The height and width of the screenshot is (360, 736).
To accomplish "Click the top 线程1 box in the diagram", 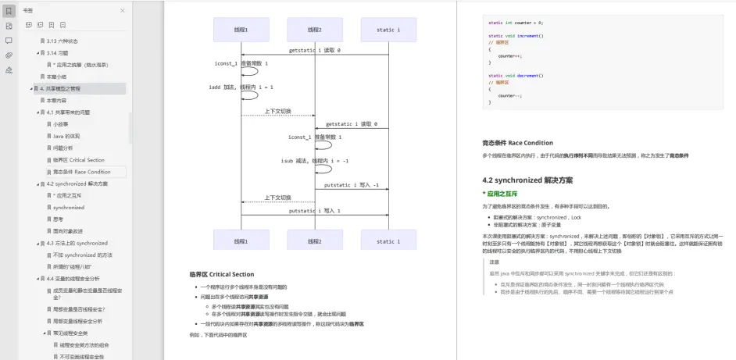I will [x=241, y=30].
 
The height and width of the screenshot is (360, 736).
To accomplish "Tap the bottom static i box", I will [x=388, y=241].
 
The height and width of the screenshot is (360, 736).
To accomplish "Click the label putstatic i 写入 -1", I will [x=352, y=185].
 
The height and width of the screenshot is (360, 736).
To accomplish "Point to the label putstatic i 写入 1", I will [x=314, y=211].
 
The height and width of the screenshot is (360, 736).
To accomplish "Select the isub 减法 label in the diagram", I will [x=314, y=160].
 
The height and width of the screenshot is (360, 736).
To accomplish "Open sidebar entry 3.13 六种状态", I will [x=62, y=41].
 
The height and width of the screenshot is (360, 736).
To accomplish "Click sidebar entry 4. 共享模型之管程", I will [x=73, y=88].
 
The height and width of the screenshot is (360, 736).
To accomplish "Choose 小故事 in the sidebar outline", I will [x=61, y=124].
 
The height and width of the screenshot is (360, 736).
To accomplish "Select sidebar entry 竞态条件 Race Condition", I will [x=82, y=172].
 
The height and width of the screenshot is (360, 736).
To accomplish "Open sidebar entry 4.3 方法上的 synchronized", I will [x=77, y=243].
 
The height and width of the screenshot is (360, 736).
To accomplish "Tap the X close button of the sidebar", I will [x=122, y=10].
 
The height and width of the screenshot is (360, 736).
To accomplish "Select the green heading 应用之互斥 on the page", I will [x=502, y=193].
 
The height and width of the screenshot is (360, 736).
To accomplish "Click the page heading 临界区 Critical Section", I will [x=222, y=274].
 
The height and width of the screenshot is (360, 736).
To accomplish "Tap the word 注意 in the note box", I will [x=495, y=262].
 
